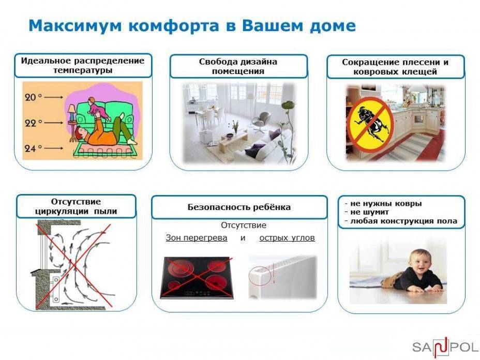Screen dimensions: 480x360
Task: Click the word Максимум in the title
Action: (76, 25)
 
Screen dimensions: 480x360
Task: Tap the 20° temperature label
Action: (33, 97)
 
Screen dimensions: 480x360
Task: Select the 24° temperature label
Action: (33, 148)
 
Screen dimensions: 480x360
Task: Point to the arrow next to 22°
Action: (54, 123)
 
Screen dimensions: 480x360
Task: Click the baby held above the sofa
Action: (97, 109)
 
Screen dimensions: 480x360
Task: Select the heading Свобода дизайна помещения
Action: (238, 66)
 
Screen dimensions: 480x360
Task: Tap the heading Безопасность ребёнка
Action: (239, 207)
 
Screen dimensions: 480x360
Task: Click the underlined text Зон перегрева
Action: (197, 238)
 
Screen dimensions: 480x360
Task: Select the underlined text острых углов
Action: (287, 238)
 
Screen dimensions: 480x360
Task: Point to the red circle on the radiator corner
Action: (260, 275)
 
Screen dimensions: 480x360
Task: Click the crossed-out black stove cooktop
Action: (197, 278)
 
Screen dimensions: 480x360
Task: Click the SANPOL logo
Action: (445, 348)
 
